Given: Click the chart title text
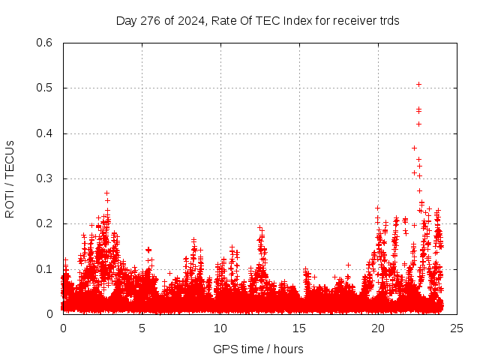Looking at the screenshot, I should coord(257,20).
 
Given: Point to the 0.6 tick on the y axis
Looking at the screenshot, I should coord(45,43).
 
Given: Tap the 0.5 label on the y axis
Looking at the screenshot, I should coord(45,88).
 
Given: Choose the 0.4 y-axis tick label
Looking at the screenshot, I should coord(45,133).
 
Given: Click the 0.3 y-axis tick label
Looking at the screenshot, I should coord(45,178).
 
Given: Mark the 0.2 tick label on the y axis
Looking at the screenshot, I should coord(45,223).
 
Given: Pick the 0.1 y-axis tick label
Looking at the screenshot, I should coord(45,269).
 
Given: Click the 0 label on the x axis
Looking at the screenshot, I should coord(63,328).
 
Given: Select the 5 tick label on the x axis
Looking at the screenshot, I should coord(142,328).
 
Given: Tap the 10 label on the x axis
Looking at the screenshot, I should coord(220,328).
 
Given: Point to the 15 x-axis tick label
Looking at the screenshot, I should coord(299,328).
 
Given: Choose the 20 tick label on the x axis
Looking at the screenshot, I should coord(378,328).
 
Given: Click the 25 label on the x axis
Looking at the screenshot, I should coord(457,328).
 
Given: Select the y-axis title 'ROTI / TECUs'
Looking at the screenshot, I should coord(10,178).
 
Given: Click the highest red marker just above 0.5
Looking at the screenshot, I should coord(418,84).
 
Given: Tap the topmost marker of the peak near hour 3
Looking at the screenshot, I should coord(106,193).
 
